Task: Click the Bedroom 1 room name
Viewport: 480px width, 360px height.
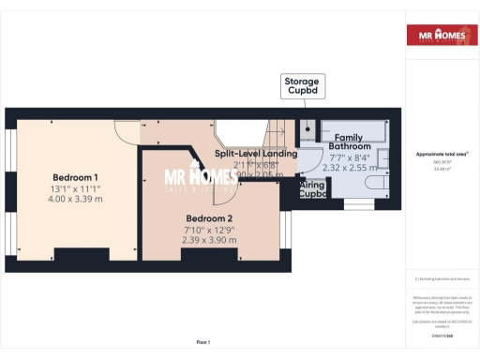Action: pos(75,178)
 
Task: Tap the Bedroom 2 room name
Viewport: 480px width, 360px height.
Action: pos(210,220)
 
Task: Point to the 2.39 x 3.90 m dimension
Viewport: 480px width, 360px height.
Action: pos(210,241)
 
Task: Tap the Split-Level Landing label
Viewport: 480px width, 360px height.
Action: pos(255,153)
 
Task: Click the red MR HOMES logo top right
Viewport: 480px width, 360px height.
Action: pos(436,37)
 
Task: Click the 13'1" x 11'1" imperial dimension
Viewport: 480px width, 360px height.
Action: pos(75,188)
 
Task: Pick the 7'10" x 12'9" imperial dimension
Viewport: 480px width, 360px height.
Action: pos(210,231)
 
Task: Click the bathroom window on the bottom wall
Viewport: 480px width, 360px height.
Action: pos(358,201)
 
